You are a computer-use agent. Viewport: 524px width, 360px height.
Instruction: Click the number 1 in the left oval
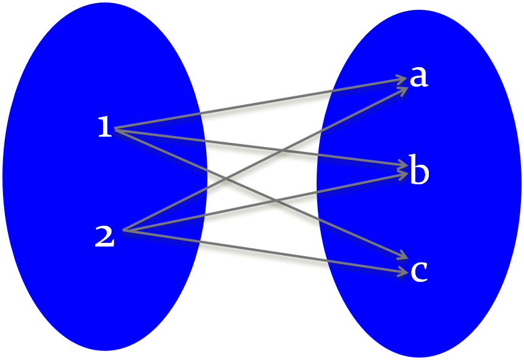(105, 128)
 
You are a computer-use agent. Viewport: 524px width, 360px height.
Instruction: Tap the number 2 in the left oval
(104, 237)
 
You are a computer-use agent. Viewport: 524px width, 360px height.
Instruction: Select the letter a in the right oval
(418, 77)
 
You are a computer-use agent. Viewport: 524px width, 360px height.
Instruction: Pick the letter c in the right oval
(418, 271)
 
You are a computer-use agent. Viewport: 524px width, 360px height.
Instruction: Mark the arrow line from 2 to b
(183, 218)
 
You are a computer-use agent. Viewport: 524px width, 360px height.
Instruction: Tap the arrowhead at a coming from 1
(401, 79)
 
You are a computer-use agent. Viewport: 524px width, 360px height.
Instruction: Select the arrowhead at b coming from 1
(403, 165)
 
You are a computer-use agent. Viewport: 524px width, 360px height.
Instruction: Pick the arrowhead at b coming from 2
(403, 175)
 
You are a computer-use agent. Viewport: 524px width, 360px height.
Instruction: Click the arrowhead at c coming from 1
(403, 257)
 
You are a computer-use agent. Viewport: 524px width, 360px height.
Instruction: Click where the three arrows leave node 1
(116, 129)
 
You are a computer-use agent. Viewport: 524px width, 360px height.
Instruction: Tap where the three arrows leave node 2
(124, 231)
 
